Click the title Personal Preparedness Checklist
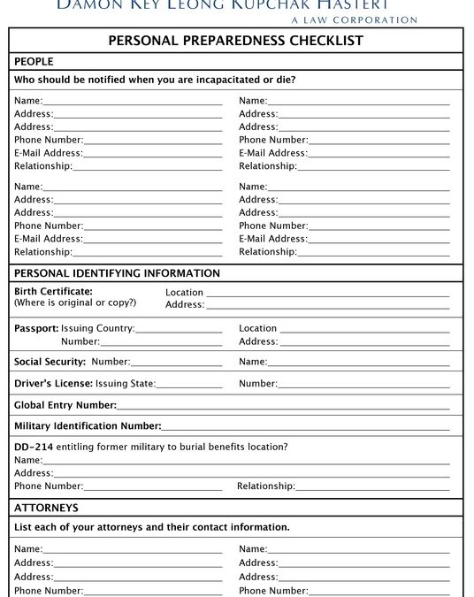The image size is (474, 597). pyautogui.click(x=235, y=41)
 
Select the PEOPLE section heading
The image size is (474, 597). pyautogui.click(x=34, y=61)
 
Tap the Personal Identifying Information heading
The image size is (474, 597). pyautogui.click(x=117, y=273)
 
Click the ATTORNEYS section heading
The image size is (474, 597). pyautogui.click(x=46, y=508)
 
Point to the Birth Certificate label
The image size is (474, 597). pyautogui.click(x=53, y=291)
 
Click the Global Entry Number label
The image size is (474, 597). pyautogui.click(x=65, y=405)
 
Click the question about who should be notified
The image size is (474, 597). pyautogui.click(x=155, y=80)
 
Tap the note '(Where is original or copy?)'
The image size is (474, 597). pyautogui.click(x=75, y=302)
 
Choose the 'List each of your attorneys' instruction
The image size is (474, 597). pyautogui.click(x=152, y=527)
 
